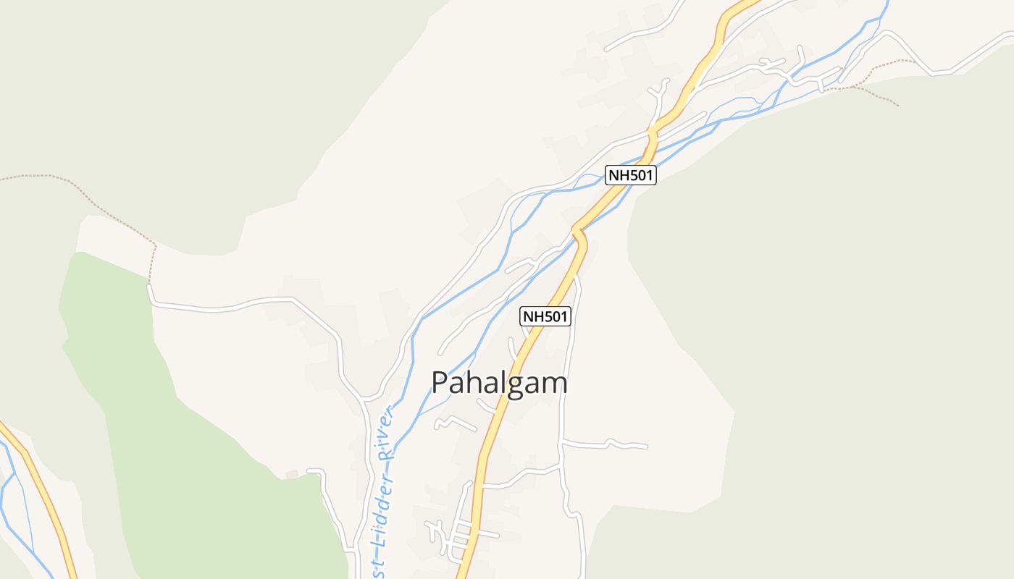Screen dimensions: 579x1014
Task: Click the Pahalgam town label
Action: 499,383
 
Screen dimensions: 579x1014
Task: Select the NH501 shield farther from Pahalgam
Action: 631,175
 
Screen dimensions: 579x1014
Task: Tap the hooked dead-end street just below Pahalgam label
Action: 453,421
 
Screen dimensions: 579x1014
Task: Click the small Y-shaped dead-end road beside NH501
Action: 659,94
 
